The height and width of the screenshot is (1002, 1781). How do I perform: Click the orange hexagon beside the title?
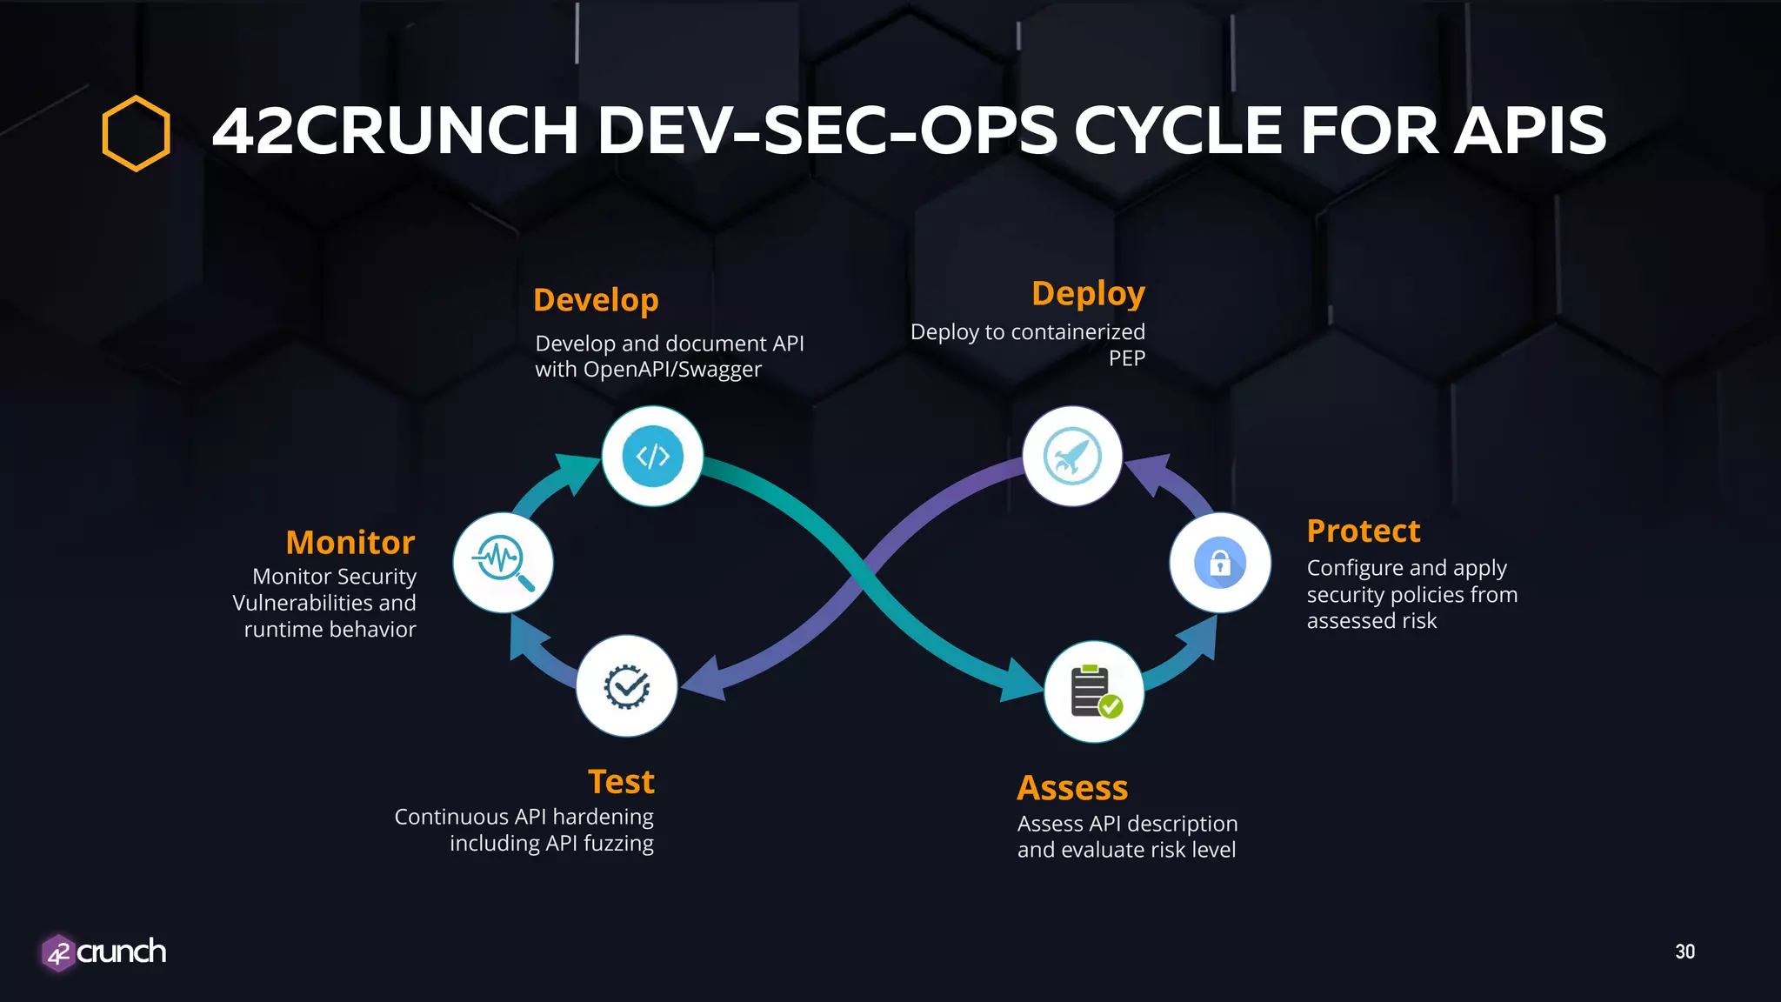point(136,133)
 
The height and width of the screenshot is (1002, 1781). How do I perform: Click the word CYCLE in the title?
point(1179,131)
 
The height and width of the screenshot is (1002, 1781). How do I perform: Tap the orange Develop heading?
point(596,300)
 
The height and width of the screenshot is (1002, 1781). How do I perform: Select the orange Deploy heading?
point(1088,294)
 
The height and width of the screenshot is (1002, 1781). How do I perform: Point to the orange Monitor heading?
point(350,543)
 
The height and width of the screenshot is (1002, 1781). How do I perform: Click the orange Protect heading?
point(1363,531)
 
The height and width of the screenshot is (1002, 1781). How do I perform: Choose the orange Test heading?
point(621,782)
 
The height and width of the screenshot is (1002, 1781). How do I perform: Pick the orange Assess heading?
point(1072,788)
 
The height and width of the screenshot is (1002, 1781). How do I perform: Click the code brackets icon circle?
point(652,456)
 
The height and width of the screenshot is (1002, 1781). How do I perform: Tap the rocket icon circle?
point(1072,456)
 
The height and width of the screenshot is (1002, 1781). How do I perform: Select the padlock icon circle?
point(1219,563)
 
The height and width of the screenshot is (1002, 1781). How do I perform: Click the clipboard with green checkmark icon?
point(1094,691)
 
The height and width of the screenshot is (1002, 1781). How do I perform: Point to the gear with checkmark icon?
point(626,686)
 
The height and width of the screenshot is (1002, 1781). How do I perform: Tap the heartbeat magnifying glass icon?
point(503,563)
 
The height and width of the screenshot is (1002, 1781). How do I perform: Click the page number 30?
point(1684,952)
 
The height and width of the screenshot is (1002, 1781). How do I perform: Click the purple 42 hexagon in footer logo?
point(58,953)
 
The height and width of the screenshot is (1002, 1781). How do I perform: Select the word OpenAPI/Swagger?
point(672,370)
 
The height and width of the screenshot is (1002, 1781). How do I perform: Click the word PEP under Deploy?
point(1126,358)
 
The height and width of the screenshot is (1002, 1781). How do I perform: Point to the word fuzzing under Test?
point(618,844)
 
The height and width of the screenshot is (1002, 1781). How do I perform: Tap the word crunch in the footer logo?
point(122,952)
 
